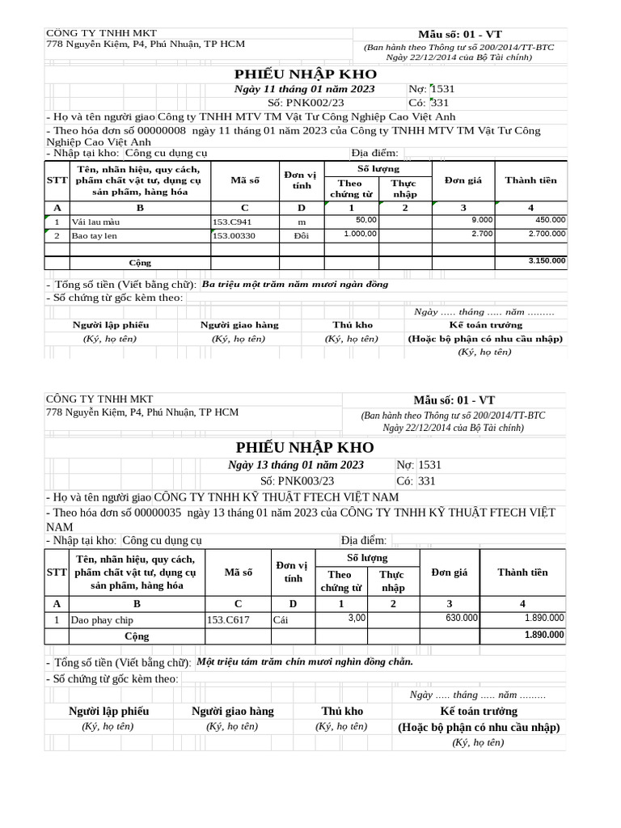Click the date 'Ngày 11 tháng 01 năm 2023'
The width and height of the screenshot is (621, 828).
click(x=305, y=89)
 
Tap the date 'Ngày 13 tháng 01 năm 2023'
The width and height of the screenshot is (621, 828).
click(x=296, y=465)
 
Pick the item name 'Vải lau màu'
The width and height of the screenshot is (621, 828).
click(x=95, y=222)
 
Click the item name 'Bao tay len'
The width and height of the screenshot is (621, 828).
click(x=94, y=236)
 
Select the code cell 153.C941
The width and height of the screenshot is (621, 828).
click(x=232, y=222)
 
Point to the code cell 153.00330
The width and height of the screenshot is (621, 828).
click(x=234, y=236)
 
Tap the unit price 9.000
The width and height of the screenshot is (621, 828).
click(x=482, y=219)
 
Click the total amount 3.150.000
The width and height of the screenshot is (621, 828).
click(x=547, y=261)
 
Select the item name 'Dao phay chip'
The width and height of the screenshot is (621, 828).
click(x=102, y=620)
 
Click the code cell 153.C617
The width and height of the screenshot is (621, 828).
click(x=228, y=620)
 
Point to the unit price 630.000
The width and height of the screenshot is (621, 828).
click(x=462, y=618)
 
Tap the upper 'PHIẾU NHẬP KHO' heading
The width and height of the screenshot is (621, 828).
click(x=306, y=74)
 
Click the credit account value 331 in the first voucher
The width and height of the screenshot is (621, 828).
click(x=441, y=103)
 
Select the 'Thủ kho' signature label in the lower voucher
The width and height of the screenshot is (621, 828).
click(x=343, y=712)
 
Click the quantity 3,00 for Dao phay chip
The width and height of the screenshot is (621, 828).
click(x=357, y=618)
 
